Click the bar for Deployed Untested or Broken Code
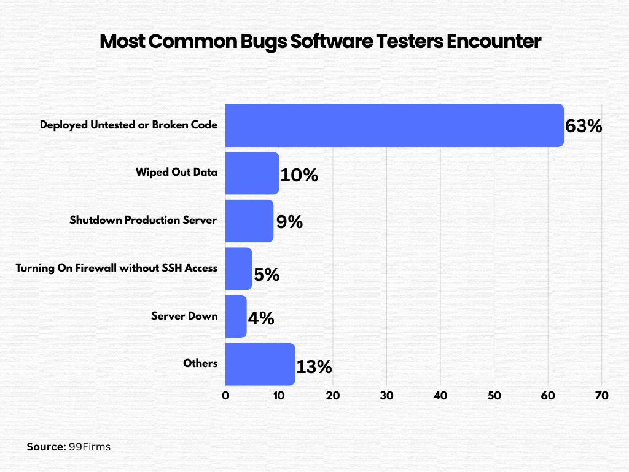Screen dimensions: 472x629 tap(394, 125)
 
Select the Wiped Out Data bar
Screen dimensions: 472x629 tap(252, 173)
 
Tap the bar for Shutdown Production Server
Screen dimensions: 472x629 tap(249, 221)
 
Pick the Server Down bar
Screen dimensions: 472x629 tap(236, 317)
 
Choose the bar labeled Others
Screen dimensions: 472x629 tap(260, 364)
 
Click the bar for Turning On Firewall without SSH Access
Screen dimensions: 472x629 tap(238, 269)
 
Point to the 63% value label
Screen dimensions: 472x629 tap(584, 127)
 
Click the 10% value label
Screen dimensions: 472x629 tap(299, 175)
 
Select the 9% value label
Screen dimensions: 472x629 tap(289, 222)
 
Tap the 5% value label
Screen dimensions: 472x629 tap(267, 275)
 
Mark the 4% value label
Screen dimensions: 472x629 tap(260, 319)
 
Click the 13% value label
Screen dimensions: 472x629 tap(314, 368)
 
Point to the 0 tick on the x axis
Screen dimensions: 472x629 tap(225, 396)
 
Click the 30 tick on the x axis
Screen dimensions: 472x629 tap(386, 396)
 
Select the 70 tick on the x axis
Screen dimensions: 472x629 tap(601, 396)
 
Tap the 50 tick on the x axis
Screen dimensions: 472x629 tap(494, 396)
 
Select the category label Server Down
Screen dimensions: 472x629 tap(184, 316)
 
